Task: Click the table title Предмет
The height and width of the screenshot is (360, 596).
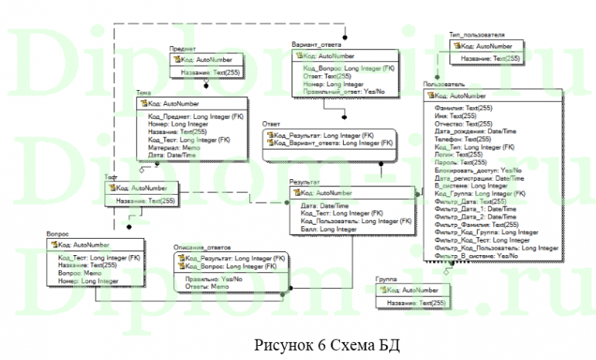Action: click(182, 49)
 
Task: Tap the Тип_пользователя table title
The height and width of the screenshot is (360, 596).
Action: click(476, 35)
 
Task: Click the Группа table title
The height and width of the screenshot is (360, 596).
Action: click(386, 279)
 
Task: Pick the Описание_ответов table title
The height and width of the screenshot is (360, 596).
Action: click(202, 247)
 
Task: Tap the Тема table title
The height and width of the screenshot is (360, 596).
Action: click(143, 92)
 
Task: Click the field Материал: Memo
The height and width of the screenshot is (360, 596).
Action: click(174, 147)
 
